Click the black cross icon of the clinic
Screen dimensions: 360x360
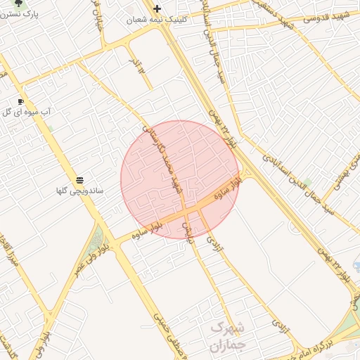(x=157, y=9)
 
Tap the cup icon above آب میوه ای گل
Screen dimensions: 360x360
(x=20, y=101)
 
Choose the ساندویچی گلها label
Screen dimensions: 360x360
(x=80, y=191)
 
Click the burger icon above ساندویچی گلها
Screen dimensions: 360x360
(x=79, y=181)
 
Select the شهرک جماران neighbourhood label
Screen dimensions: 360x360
(x=226, y=337)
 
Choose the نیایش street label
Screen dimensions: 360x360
(x=188, y=233)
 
